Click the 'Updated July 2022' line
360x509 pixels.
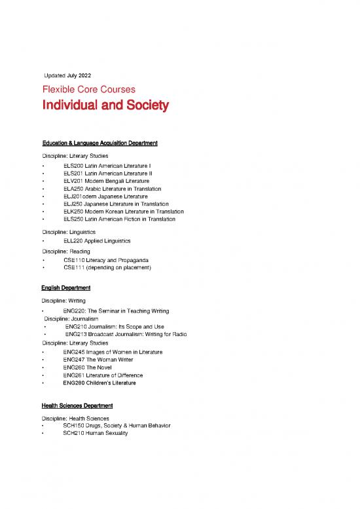(67, 75)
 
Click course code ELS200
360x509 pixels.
(73, 166)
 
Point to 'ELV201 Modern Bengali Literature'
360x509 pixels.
(106, 181)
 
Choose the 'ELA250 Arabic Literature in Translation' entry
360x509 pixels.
(117, 189)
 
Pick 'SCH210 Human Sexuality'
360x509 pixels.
(96, 434)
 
